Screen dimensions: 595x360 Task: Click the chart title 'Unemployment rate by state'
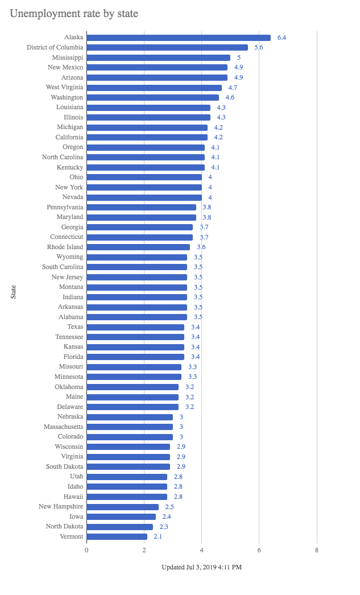pyautogui.click(x=74, y=13)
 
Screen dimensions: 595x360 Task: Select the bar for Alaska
pyautogui.click(x=178, y=38)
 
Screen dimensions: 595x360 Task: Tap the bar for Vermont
pyautogui.click(x=117, y=536)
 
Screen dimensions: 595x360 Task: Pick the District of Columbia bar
pyautogui.click(x=167, y=48)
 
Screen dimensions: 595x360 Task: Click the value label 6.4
pyautogui.click(x=282, y=38)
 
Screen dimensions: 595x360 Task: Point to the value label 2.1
pyautogui.click(x=158, y=536)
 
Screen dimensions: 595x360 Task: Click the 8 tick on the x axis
pyautogui.click(x=317, y=550)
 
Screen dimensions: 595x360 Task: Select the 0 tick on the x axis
pyautogui.click(x=86, y=550)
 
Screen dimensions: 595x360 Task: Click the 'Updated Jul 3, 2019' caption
pyautogui.click(x=201, y=567)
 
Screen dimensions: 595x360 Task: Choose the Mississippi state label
pyautogui.click(x=67, y=57)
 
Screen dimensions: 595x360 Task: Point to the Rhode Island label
pyautogui.click(x=65, y=247)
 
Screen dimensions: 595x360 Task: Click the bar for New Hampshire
pyautogui.click(x=122, y=506)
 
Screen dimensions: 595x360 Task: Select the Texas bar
pyautogui.click(x=135, y=327)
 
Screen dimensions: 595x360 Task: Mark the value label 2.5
pyautogui.click(x=169, y=506)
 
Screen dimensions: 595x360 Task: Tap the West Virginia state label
pyautogui.click(x=64, y=88)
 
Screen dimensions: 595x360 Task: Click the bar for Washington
pyautogui.click(x=152, y=97)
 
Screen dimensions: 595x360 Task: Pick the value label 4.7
pyautogui.click(x=233, y=88)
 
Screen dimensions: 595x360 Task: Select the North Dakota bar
pyautogui.click(x=119, y=526)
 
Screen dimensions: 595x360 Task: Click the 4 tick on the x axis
pyautogui.click(x=202, y=550)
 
